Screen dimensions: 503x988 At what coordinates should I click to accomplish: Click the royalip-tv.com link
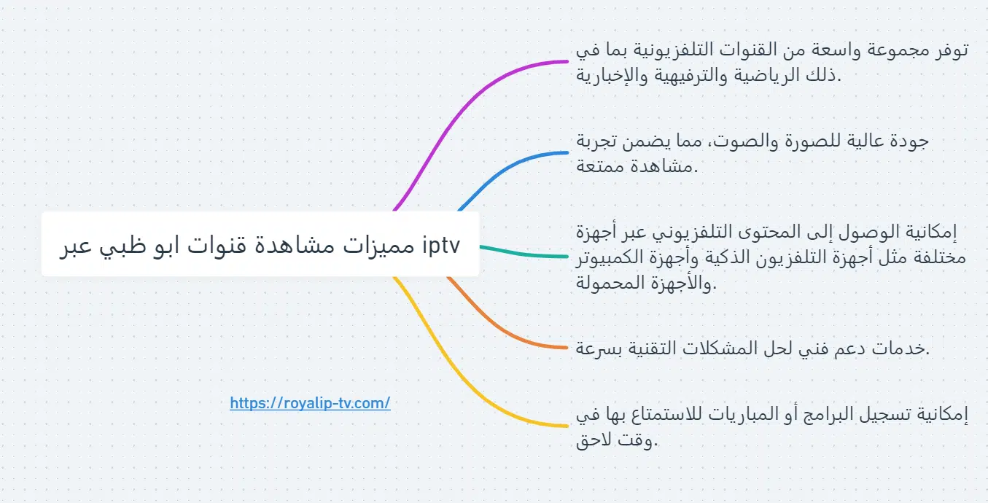(310, 403)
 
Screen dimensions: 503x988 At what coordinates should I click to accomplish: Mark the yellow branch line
(467, 379)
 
